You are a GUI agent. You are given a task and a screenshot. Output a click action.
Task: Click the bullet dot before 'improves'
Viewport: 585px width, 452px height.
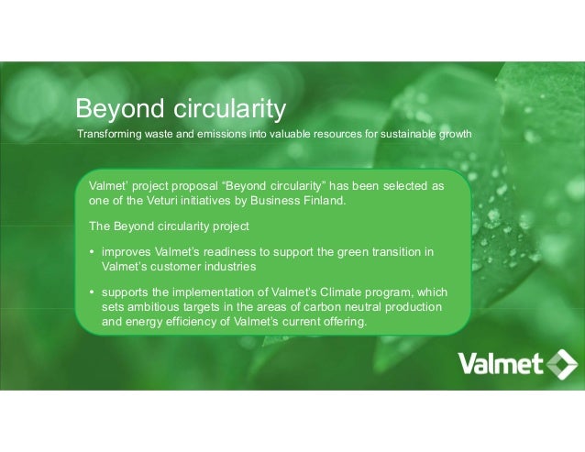click(93, 252)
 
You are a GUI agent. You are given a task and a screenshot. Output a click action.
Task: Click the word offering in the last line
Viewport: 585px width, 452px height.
click(340, 322)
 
